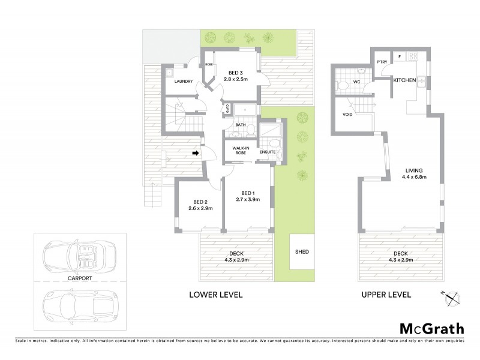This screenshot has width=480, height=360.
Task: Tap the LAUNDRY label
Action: pos(184,82)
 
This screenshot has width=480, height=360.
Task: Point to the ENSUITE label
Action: pos(268,152)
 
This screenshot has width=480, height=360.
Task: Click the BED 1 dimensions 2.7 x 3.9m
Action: pos(248,199)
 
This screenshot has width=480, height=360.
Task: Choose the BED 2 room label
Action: pos(200,202)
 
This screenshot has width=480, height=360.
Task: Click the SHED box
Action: pos(302,252)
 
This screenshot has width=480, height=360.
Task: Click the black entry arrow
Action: pos(196,154)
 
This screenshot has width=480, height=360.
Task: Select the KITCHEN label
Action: pos(405,80)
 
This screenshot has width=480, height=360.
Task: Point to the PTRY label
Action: pos(381,62)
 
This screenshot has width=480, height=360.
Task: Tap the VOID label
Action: pos(347,114)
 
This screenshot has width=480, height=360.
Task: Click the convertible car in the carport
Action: pos(81,257)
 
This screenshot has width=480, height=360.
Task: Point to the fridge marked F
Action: pos(400,56)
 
